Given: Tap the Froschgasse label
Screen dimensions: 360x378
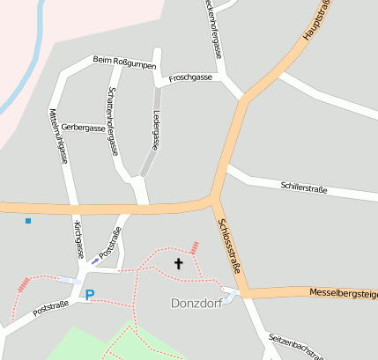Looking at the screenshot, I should click(190, 77).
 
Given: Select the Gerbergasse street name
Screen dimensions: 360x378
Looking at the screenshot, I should click(83, 128).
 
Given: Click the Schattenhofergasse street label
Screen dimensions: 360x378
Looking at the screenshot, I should click(112, 121).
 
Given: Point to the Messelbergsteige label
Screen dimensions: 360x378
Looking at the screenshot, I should click(343, 292).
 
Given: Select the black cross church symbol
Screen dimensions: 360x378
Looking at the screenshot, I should click(179, 262).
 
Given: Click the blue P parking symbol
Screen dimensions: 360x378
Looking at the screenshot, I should click(88, 294).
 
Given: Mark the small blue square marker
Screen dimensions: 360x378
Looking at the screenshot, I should click(28, 220).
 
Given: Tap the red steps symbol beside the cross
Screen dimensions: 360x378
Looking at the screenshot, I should click(194, 248).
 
